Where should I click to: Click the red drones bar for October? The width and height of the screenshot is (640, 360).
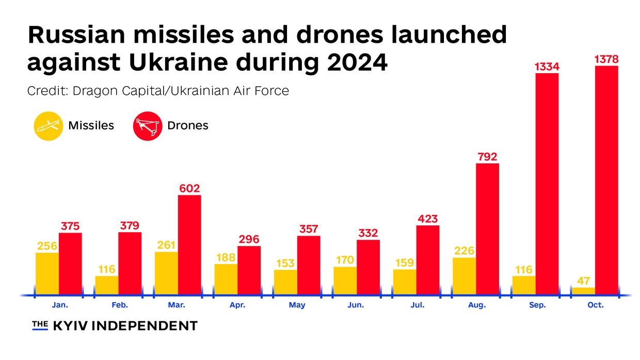(x=606, y=181)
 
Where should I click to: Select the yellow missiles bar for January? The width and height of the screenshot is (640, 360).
(x=47, y=273)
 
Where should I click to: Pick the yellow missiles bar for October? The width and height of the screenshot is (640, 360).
(x=583, y=291)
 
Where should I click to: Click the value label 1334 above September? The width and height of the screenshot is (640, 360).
(x=547, y=67)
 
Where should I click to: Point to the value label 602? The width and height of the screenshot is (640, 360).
(x=189, y=189)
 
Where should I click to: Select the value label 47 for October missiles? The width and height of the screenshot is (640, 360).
(x=583, y=281)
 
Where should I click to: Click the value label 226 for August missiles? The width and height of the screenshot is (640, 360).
(x=464, y=251)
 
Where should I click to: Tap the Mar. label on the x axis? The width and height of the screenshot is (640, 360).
(x=177, y=305)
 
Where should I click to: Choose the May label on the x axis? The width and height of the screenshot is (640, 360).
(x=297, y=305)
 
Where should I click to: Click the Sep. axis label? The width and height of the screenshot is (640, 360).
(x=536, y=305)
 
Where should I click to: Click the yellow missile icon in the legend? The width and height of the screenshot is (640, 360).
(x=49, y=125)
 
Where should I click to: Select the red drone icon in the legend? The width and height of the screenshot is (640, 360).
(x=148, y=125)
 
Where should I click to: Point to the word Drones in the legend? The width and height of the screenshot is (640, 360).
(x=188, y=125)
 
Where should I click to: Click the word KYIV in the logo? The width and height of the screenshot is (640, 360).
(x=75, y=326)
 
